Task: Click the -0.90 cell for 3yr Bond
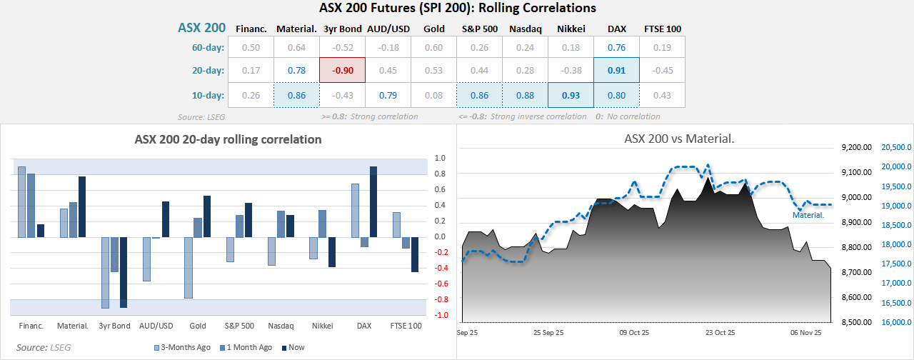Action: point(342,71)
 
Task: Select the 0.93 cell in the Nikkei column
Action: point(571,95)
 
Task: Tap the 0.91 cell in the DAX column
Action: point(616,71)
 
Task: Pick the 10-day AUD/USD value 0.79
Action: point(388,95)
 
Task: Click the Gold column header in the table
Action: point(433,29)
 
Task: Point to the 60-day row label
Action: point(209,48)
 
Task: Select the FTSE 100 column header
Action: point(662,29)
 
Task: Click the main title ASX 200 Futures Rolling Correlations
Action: point(457,9)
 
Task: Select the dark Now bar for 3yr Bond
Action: point(123,272)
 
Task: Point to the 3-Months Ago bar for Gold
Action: point(189,267)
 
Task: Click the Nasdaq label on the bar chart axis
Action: point(281,326)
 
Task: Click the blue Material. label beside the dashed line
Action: point(808,214)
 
